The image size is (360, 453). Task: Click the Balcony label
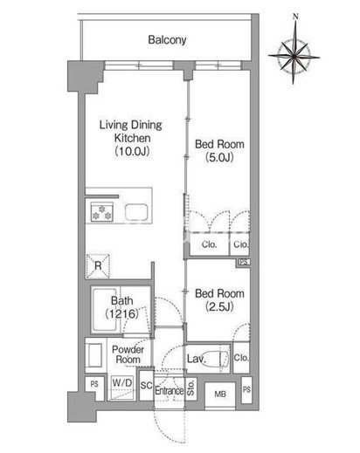click(x=167, y=39)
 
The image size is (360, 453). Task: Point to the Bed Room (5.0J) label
click(x=219, y=150)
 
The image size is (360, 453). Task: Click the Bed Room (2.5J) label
click(x=219, y=300)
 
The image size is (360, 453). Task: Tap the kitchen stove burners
click(x=101, y=212)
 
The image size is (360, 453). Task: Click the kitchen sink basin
click(x=136, y=212)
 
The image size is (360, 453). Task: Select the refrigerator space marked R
click(x=98, y=266)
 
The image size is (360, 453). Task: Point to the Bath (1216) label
click(x=122, y=307)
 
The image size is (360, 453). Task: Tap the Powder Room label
click(x=128, y=354)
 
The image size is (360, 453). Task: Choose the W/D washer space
click(x=122, y=388)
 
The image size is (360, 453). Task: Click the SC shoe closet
click(x=146, y=385)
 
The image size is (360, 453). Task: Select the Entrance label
click(x=170, y=390)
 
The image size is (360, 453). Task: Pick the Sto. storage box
click(x=190, y=388)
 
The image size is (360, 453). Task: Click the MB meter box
click(x=220, y=395)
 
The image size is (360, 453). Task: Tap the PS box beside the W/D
click(x=94, y=388)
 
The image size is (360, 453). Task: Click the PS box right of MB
click(x=246, y=389)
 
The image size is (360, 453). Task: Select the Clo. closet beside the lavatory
click(x=241, y=358)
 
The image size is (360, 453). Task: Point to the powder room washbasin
click(x=95, y=355)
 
